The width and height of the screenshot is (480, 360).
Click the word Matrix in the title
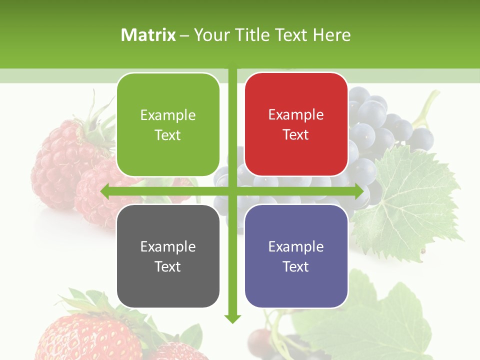point(148,35)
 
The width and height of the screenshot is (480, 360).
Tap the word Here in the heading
point(331,35)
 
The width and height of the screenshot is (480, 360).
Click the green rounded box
point(168,124)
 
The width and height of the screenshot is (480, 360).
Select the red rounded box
point(296,124)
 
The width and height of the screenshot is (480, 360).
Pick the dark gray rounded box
point(168,256)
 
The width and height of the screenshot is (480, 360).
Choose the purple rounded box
point(296,256)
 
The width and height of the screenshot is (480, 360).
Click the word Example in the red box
point(296,115)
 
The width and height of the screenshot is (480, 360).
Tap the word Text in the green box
point(168,135)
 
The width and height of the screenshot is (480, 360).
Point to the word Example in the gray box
point(168,246)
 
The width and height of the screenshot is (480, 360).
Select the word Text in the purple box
point(296,266)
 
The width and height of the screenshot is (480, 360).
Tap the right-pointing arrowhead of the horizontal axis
point(358,191)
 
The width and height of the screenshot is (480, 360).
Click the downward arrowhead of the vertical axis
point(232,318)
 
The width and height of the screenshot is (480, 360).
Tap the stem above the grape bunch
point(428,107)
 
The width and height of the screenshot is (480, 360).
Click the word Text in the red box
point(296,135)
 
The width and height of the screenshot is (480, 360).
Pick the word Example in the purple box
point(296,246)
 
